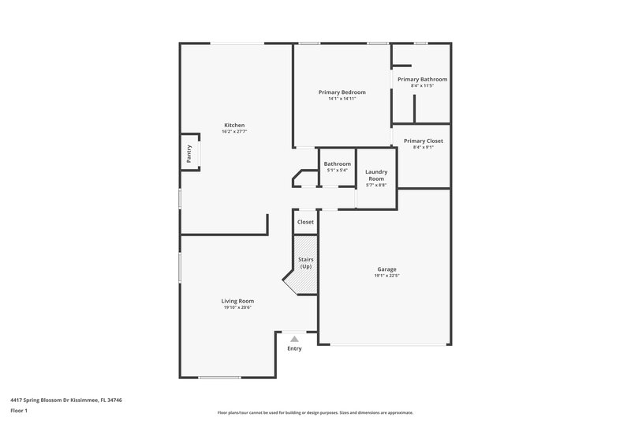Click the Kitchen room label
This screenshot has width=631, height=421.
coord(234,126)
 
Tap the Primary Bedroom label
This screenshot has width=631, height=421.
coord(342,92)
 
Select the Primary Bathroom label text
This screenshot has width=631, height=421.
coord(422,79)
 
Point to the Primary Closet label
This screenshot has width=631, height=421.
coord(423,141)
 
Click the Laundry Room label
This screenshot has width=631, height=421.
coord(375,175)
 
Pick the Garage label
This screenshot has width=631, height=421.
coord(386,269)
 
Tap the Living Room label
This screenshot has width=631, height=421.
coord(237,300)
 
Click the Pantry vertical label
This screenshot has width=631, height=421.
coord(189,152)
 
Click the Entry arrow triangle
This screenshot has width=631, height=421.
coord(294,339)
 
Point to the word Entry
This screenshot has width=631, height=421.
coord(294,348)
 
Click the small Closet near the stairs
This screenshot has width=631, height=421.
coord(305,222)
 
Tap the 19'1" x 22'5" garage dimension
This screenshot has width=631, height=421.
coord(386,276)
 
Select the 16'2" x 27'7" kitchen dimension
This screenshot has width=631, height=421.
coord(234,132)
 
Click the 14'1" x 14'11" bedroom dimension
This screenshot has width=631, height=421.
coord(342,99)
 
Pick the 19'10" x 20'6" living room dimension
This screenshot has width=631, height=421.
coord(237,307)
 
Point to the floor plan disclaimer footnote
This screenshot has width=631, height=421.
coord(315,412)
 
